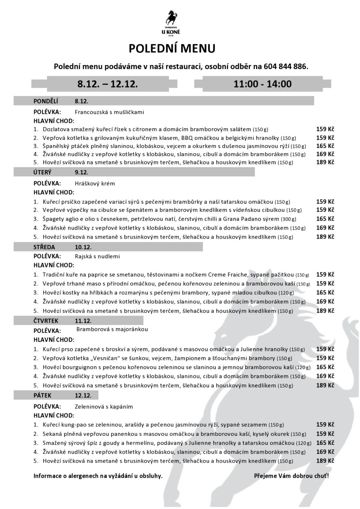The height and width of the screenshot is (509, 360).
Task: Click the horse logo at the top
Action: point(171,22)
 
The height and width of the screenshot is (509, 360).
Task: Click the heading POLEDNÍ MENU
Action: point(172,49)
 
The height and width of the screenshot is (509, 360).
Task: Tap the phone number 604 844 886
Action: point(286,67)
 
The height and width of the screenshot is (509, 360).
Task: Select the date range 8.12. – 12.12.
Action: point(108,84)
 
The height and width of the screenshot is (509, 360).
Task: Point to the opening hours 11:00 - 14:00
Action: point(262,84)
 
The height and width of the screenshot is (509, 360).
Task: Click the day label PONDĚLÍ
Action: point(46,101)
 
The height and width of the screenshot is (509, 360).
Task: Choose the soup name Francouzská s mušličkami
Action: point(109,112)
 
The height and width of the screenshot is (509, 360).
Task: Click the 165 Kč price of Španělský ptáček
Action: point(325,146)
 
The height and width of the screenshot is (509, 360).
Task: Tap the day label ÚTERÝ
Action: point(43,173)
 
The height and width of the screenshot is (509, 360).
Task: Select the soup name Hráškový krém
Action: point(95,183)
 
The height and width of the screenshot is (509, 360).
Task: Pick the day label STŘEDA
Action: point(44,247)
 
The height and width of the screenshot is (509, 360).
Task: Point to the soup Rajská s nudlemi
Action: point(97,256)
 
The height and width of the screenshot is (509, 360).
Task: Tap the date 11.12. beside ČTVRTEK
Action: point(83,321)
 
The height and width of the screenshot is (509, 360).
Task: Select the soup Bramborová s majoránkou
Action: point(112,329)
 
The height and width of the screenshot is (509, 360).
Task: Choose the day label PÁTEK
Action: point(43,395)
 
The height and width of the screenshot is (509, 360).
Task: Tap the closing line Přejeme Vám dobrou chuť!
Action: point(291,476)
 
